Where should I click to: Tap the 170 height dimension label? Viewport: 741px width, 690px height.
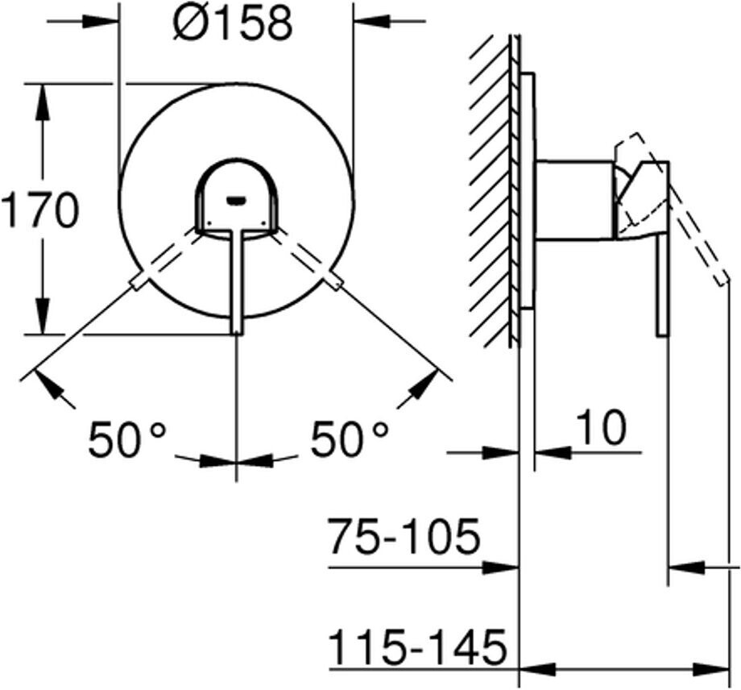[x=39, y=210]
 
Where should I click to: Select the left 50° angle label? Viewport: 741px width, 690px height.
[x=127, y=439]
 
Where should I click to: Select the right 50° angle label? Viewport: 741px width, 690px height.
[x=350, y=439]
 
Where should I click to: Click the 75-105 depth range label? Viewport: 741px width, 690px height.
[x=405, y=537]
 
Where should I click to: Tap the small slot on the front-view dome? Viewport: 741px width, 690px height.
[x=236, y=202]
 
